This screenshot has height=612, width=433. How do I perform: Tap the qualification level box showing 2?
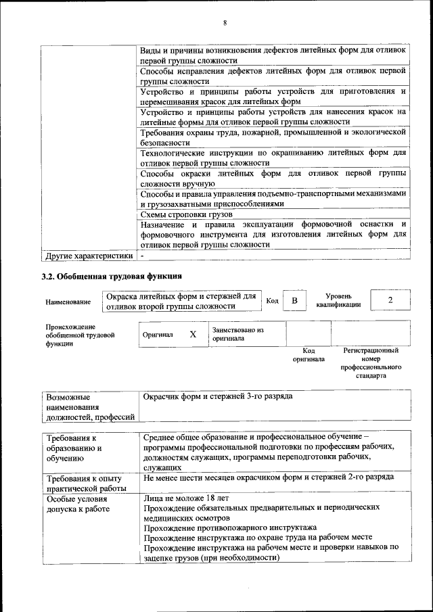[x=390, y=300]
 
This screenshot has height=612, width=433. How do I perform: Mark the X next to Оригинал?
[x=193, y=334]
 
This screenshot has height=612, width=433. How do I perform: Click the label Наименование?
[x=68, y=302]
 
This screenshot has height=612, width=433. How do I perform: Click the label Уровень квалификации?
[x=338, y=300]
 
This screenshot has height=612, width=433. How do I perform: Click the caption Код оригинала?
[x=308, y=355]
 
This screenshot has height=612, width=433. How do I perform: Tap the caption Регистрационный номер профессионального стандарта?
[x=370, y=363]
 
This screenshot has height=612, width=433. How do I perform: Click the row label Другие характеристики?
[x=88, y=256]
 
